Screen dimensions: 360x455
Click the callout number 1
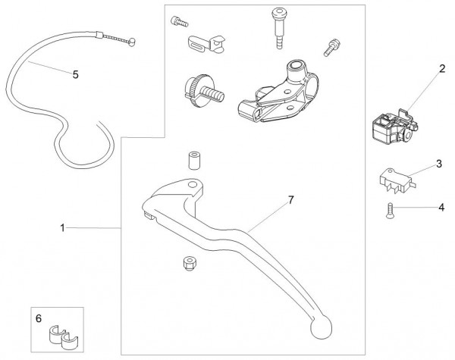coord(64,227)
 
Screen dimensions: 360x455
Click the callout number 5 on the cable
coord(75,74)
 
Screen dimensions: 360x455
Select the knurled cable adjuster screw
coord(201,88)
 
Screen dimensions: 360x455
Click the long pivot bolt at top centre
coord(273,27)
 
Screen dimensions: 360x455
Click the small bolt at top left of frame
coord(179,21)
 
